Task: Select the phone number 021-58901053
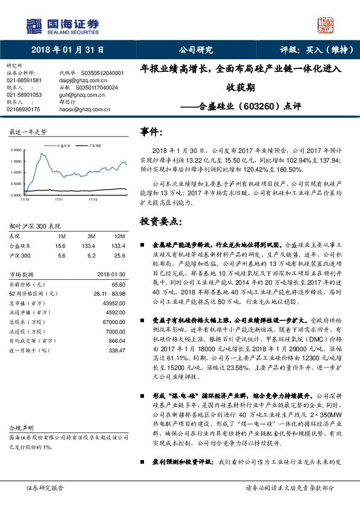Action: [x=24, y=95]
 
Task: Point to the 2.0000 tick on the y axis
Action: [x=16, y=149]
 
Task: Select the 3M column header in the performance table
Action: [x=91, y=235]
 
